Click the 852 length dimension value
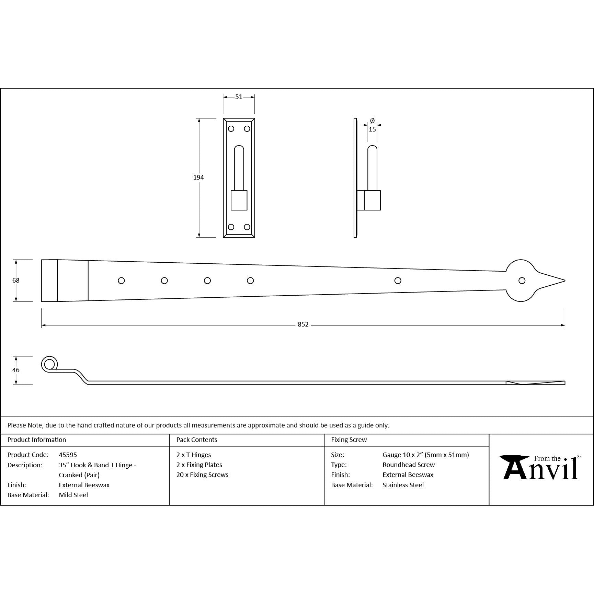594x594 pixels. (303, 324)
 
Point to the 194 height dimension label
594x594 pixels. (198, 178)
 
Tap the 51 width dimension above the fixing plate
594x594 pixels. (239, 97)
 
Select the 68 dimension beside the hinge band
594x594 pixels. (16, 281)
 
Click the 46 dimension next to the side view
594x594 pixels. (16, 370)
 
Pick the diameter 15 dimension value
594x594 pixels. (372, 129)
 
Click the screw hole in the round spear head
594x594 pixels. (522, 281)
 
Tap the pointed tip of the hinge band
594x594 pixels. (565, 281)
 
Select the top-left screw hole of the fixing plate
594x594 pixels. (231, 129)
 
